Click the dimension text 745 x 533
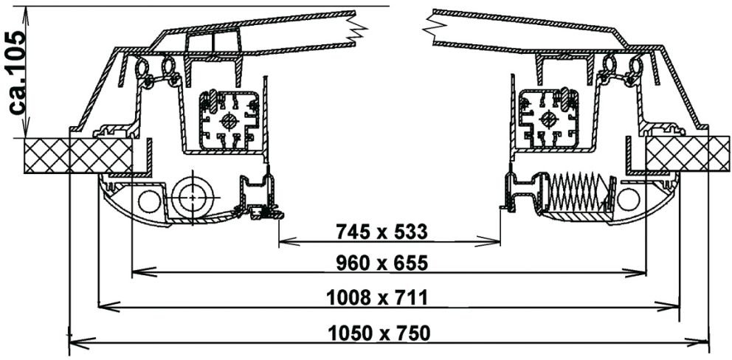point(381,232)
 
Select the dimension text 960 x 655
point(382,264)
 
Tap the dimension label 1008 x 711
point(377,297)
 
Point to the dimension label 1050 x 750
point(379,333)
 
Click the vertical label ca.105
point(18,73)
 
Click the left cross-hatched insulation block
point(78,156)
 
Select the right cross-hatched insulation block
point(687,153)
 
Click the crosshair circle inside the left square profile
point(229,122)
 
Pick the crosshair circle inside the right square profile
point(548,119)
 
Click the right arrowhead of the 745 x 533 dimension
point(489,241)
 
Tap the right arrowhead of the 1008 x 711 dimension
point(668,306)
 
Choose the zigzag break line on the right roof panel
point(432,28)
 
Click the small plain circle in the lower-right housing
point(629,199)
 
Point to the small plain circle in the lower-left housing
point(149,201)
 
